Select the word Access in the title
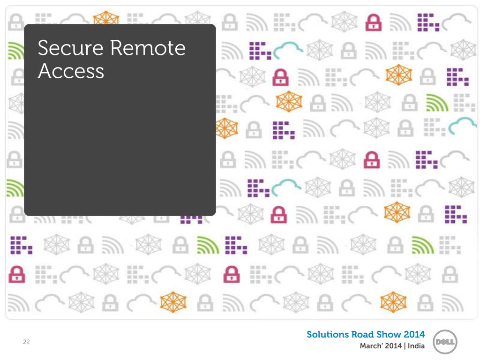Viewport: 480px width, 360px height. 71,71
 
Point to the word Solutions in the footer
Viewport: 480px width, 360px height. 328,335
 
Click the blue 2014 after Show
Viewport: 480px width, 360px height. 414,335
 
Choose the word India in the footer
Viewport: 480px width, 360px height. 416,346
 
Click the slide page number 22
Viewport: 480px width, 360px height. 26,342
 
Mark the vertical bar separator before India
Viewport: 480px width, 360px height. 405,346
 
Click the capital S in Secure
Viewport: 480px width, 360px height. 44,48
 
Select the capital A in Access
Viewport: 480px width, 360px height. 45,71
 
